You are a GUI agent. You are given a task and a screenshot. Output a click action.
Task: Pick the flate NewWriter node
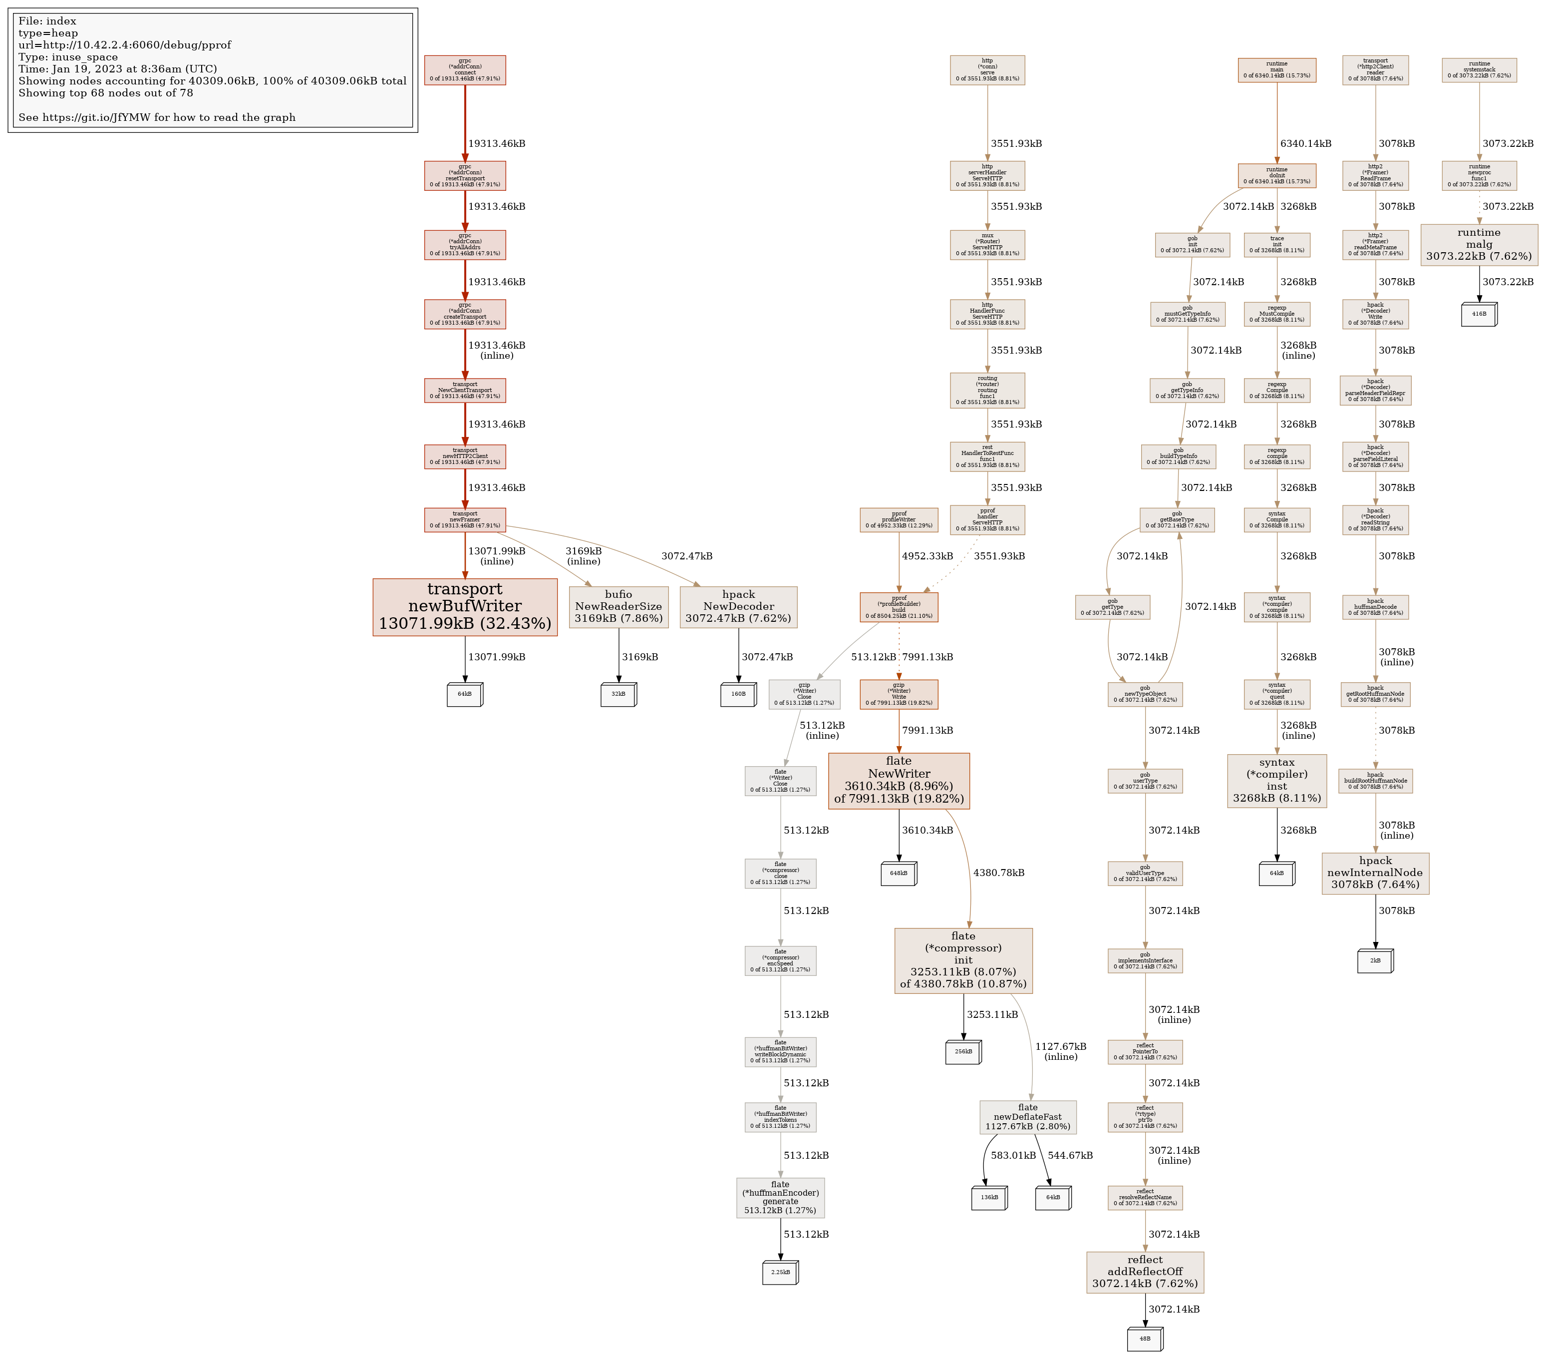point(899,780)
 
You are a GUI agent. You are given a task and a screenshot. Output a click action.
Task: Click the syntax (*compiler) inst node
point(1276,780)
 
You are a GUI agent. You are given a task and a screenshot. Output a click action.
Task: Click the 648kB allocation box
point(899,874)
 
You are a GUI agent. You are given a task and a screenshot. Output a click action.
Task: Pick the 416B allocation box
point(1479,314)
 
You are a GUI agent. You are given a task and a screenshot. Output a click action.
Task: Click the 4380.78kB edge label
point(998,873)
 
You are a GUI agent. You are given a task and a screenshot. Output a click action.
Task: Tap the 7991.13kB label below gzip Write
point(927,730)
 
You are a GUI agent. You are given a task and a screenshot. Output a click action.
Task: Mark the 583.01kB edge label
point(1013,1155)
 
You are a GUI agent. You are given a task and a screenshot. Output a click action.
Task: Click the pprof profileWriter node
point(899,520)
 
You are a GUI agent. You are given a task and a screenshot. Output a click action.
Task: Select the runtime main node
point(1276,70)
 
